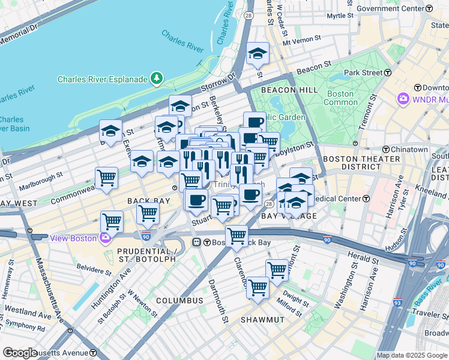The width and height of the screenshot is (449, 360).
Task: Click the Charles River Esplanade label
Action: point(102,79)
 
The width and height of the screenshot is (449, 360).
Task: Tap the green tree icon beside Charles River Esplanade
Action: point(157,78)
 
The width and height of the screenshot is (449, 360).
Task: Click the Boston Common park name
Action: point(340,98)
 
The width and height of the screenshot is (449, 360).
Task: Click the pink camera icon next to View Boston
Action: point(106,238)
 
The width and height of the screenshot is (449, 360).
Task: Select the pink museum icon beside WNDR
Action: point(403,98)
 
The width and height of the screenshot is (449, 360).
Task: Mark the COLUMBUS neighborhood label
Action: point(180,300)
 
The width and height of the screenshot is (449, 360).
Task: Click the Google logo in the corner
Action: point(20,353)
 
